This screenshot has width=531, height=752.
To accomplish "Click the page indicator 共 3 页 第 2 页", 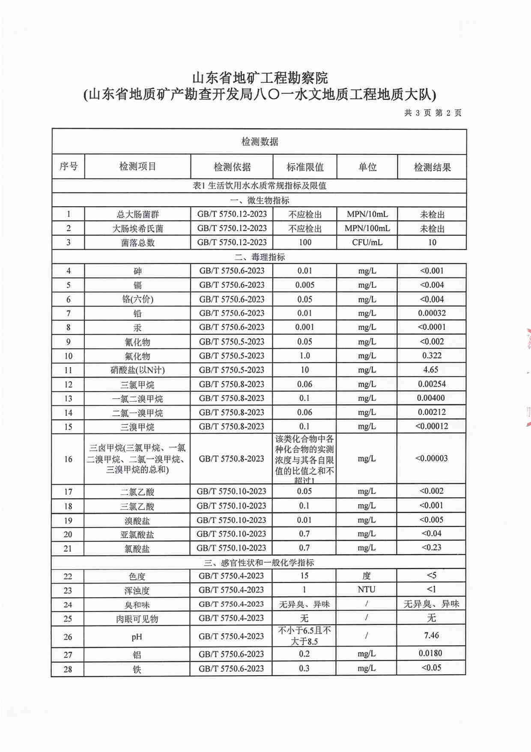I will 433,113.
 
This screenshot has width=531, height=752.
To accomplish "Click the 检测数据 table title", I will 260,141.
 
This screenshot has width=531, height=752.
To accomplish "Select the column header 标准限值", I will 305,167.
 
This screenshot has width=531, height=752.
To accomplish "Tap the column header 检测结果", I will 432,167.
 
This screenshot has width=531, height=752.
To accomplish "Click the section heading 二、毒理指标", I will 260,257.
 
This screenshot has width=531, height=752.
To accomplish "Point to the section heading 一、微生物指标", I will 260,200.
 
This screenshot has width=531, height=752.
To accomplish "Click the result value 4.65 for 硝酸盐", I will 431,370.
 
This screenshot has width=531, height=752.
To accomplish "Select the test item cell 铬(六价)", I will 137,299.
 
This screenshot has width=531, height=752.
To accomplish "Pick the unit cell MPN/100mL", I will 367,228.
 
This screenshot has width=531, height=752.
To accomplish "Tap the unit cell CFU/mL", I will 367,242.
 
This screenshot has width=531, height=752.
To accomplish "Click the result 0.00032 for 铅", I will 432,313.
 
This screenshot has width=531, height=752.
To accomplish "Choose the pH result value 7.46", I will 431,635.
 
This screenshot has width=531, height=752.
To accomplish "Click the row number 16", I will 68,459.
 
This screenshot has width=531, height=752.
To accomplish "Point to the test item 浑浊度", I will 137,590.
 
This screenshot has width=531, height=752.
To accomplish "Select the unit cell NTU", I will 367,590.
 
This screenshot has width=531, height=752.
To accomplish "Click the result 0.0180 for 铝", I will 430,653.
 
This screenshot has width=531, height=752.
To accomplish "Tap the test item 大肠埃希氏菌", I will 137,229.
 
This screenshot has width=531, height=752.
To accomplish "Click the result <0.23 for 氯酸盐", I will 431,547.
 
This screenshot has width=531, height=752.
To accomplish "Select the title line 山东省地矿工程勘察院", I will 260,78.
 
